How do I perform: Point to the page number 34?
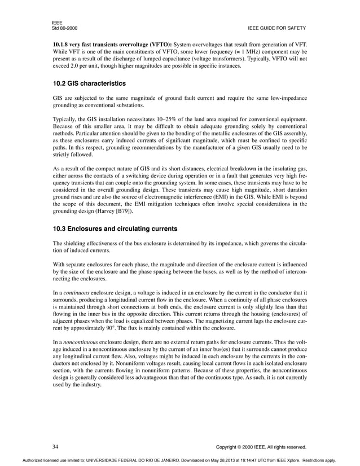tap(56, 446)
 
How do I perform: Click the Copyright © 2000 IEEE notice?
tap(261, 447)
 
